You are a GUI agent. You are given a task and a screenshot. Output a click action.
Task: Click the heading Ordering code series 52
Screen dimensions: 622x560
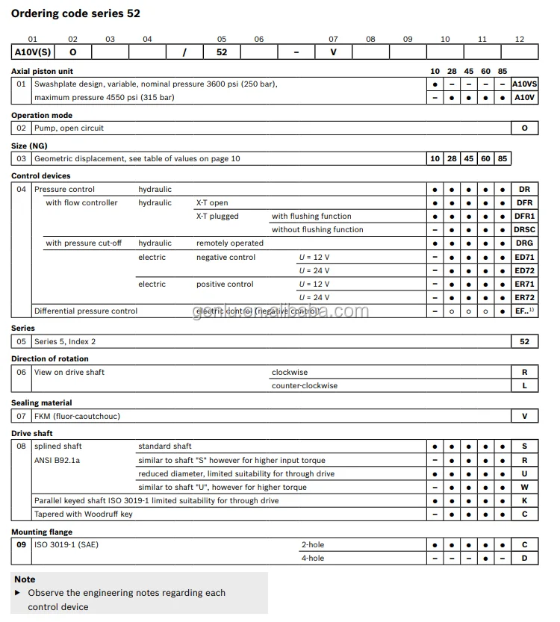[x=75, y=13]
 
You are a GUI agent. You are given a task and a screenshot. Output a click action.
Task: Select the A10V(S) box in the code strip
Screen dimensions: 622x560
[x=32, y=52]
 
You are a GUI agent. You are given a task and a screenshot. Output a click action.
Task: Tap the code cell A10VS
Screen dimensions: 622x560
[x=524, y=84]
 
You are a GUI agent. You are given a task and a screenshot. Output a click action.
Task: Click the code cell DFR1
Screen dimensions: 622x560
[x=524, y=217]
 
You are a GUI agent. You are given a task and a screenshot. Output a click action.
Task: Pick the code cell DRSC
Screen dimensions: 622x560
[x=524, y=230]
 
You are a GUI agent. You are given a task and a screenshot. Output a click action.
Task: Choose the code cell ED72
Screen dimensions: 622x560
[x=524, y=270]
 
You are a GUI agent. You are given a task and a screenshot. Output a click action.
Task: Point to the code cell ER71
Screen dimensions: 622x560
[x=524, y=284]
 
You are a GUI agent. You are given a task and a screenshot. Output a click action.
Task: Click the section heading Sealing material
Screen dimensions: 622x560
[x=41, y=403]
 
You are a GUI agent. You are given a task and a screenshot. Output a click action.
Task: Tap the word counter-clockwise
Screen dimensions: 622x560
[x=304, y=386]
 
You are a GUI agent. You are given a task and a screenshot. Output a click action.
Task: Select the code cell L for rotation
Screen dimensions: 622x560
[x=524, y=386]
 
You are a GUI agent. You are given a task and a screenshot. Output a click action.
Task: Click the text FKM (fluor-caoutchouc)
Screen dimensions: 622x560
[x=77, y=417]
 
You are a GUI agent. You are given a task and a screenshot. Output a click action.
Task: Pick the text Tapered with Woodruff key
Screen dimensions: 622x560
[x=84, y=514]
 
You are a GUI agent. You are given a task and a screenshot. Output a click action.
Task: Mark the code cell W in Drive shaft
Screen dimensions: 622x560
[x=524, y=488]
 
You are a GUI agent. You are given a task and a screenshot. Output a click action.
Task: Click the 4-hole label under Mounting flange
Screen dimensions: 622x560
[x=312, y=559]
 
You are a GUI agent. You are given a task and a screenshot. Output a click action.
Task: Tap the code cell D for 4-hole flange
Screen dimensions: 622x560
[x=524, y=559]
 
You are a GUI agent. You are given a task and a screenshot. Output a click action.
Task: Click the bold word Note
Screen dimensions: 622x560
[x=25, y=579]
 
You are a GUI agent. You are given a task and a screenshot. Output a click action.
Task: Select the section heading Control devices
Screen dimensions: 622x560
[x=41, y=176]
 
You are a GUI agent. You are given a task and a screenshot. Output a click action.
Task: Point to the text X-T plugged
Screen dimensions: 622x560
[x=217, y=217]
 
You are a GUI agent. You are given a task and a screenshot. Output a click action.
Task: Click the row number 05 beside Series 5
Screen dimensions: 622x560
[x=22, y=342]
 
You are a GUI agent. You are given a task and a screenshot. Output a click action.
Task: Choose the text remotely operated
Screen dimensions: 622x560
[x=230, y=243]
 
